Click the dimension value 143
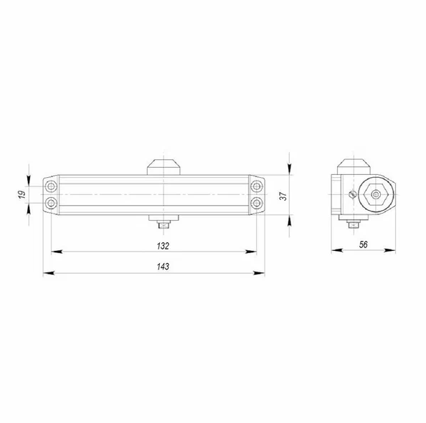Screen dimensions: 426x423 pos(163,267)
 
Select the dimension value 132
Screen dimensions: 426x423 pos(163,246)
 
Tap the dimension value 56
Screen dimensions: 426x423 pos(363,244)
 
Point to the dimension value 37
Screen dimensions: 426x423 pos(283,196)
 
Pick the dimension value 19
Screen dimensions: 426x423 pos(22,194)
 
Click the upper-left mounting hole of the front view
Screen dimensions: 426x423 pos(51,186)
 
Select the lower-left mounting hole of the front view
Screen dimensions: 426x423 pos(51,203)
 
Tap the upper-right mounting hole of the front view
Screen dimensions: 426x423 pos(257,186)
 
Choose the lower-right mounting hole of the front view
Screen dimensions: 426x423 pos(257,203)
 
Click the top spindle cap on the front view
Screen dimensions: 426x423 pos(164,167)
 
